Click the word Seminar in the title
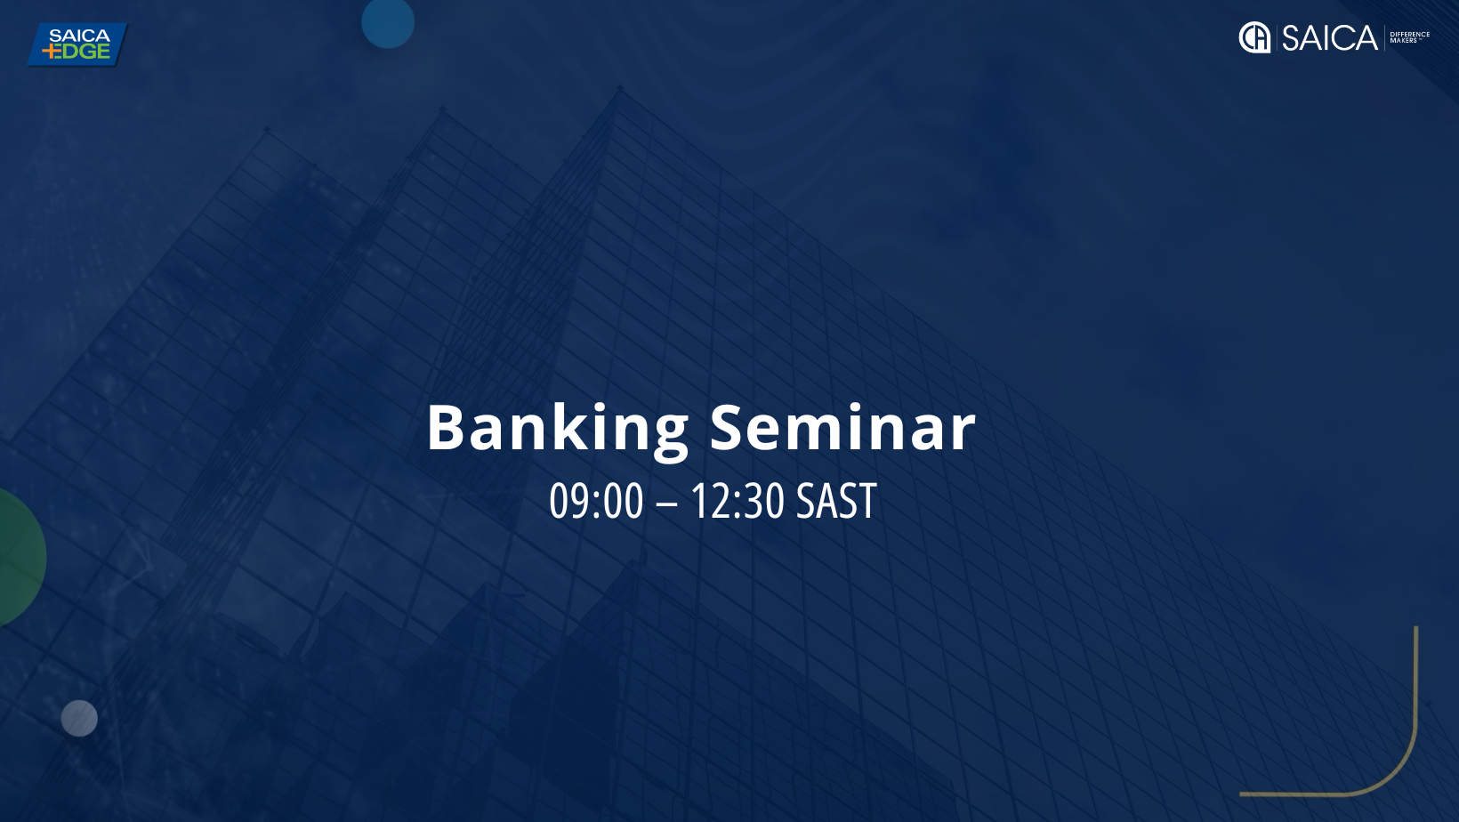click(x=842, y=426)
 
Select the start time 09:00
click(x=596, y=501)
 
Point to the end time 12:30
click(x=737, y=501)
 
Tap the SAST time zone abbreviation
click(x=836, y=501)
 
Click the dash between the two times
click(x=667, y=504)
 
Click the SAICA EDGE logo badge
click(x=77, y=44)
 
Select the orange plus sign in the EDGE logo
click(x=49, y=52)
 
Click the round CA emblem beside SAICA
click(x=1254, y=37)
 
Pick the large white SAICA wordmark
click(x=1329, y=37)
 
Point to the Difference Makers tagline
click(x=1409, y=37)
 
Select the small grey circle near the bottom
click(x=79, y=719)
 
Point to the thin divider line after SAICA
click(x=1384, y=37)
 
